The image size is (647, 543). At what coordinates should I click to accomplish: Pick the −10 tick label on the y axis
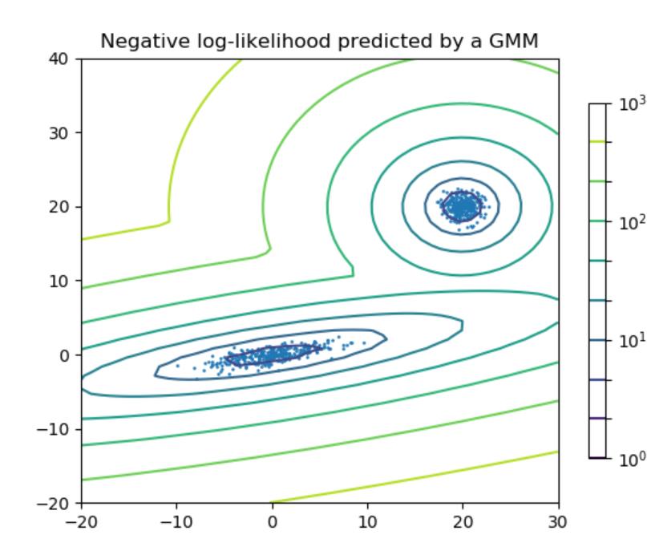click(59, 429)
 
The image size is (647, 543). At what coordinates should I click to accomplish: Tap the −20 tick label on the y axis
click(59, 503)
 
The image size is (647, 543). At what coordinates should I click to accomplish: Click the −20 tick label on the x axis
click(81, 522)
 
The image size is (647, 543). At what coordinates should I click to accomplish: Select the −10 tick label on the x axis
click(176, 522)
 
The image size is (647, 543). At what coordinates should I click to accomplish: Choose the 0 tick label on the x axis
click(272, 522)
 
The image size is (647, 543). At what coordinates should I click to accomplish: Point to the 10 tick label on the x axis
click(367, 522)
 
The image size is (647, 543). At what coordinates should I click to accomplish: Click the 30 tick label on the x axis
click(559, 522)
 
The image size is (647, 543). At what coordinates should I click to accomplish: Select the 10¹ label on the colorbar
click(628, 339)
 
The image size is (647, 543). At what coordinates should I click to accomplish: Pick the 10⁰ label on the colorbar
click(628, 458)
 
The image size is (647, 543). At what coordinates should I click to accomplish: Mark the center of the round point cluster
click(462, 207)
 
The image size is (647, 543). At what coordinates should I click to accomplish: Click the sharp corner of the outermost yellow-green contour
click(168, 221)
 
